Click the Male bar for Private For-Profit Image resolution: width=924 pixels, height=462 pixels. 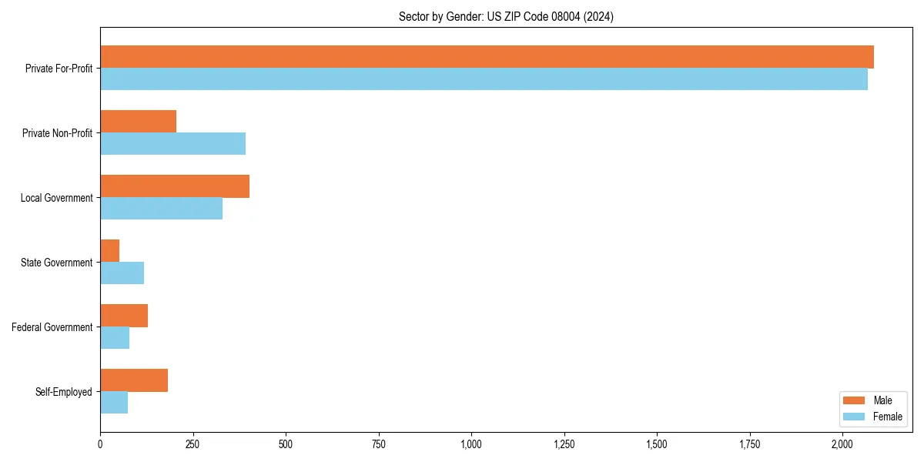(x=487, y=57)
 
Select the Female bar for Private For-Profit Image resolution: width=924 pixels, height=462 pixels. (x=484, y=79)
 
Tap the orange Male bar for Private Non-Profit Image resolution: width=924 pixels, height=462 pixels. (x=138, y=122)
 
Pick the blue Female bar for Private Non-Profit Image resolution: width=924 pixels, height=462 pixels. (x=172, y=144)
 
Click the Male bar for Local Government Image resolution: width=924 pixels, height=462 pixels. (x=175, y=186)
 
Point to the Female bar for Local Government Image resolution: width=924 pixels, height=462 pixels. (x=161, y=209)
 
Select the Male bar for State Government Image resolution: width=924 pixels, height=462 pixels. (x=109, y=251)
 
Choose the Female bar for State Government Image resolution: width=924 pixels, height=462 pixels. (x=122, y=273)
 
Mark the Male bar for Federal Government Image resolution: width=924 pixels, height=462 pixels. (x=124, y=316)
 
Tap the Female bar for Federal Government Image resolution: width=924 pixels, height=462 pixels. (x=115, y=338)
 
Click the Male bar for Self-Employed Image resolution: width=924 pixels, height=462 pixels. (x=134, y=380)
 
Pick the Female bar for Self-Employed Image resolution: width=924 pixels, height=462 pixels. (x=114, y=403)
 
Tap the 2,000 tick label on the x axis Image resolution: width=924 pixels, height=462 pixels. (x=842, y=444)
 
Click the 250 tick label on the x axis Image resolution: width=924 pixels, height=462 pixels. (x=192, y=444)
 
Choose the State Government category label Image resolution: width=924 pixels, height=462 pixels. (x=56, y=263)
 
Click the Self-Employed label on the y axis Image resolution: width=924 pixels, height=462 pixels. (x=63, y=392)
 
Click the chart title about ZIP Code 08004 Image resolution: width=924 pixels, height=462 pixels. (x=506, y=16)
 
